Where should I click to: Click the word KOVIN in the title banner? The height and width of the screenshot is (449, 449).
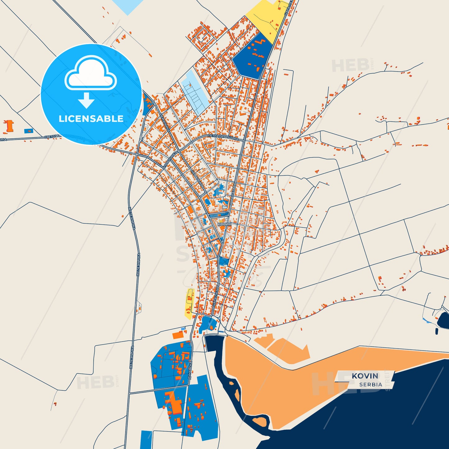365,376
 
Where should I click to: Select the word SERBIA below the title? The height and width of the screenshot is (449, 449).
370,384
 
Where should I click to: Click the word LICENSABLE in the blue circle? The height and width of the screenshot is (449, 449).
91,118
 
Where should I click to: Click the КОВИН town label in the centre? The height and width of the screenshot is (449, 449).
224,224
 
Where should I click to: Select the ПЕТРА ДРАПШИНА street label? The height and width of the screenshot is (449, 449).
223,138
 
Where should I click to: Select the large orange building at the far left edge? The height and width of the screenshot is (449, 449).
9,126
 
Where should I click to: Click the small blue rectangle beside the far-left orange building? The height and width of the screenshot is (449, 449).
29,131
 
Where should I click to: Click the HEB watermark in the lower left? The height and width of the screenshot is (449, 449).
95,383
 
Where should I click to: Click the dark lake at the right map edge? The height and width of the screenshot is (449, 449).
444,320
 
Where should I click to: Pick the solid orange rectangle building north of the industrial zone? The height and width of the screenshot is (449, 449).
178,335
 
